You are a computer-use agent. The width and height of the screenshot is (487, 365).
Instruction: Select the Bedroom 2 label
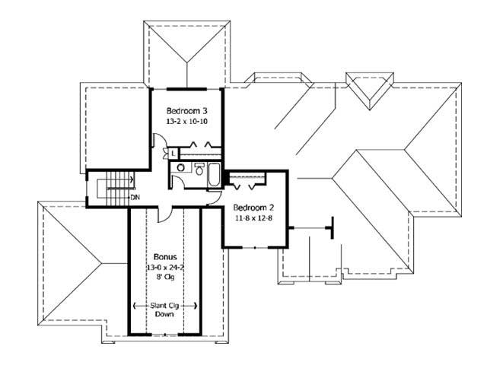pyautogui.click(x=253, y=208)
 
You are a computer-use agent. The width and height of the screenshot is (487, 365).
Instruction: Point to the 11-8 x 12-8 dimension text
pyautogui.click(x=253, y=218)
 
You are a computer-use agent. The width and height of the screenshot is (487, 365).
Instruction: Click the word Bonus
pyautogui.click(x=165, y=257)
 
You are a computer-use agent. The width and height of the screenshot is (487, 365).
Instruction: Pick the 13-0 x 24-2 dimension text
pyautogui.click(x=165, y=267)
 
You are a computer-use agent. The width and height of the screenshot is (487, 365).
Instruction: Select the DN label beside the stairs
pyautogui.click(x=135, y=198)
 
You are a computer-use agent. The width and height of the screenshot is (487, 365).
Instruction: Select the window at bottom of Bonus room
pyautogui.click(x=164, y=334)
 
